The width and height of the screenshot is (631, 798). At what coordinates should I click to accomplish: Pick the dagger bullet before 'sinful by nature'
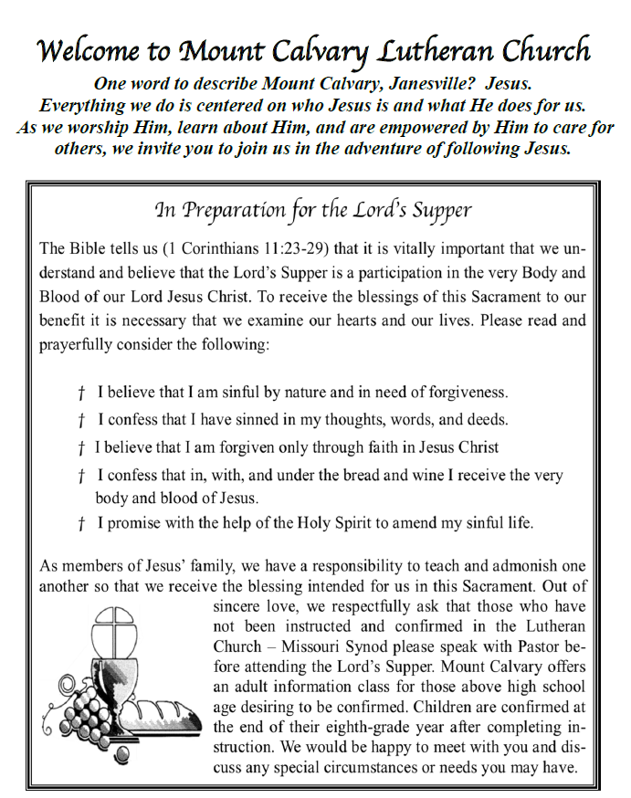coord(81,394)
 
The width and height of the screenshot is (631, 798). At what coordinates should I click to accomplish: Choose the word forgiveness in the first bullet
coord(461,394)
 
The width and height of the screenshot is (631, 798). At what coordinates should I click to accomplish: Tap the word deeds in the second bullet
coord(484,421)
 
